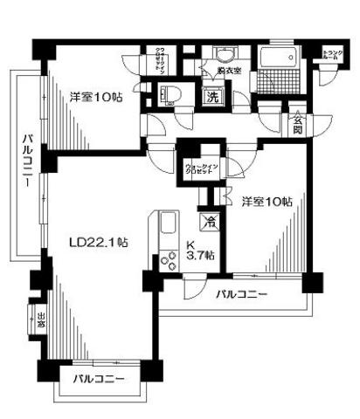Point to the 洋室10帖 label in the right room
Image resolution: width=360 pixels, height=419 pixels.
[267, 202]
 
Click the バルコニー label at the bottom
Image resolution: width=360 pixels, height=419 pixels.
[98, 380]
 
